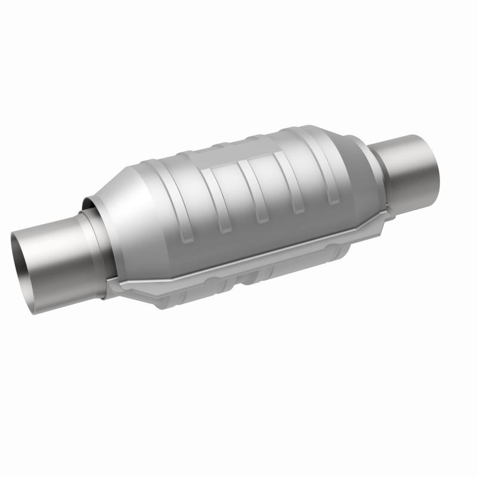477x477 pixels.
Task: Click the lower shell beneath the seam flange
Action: point(238,286)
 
